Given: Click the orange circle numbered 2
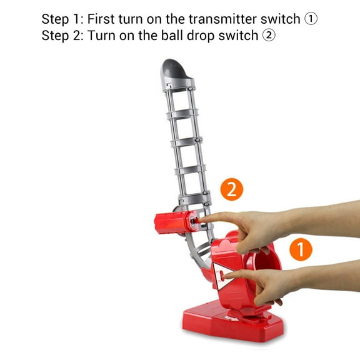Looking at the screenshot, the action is click(x=232, y=189).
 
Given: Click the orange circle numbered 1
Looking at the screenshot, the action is click(x=301, y=249).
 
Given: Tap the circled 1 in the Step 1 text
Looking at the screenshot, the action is click(x=311, y=19).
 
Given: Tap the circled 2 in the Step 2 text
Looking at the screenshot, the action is click(x=269, y=36).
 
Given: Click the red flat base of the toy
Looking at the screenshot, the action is click(x=232, y=323).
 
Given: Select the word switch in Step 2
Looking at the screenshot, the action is click(x=238, y=36).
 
